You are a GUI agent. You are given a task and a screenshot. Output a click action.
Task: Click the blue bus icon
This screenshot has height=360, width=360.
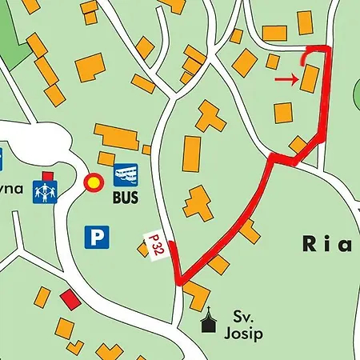(x=126, y=174)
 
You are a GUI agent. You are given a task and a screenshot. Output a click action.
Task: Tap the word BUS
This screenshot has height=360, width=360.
(x=126, y=195)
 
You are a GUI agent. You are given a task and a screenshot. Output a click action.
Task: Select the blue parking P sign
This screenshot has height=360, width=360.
(x=97, y=236)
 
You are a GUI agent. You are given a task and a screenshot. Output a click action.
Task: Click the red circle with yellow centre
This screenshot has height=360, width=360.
(x=94, y=183)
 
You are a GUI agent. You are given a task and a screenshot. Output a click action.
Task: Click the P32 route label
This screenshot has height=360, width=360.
(x=156, y=245)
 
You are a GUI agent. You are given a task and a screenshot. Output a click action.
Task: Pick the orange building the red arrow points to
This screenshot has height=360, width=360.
(x=310, y=79)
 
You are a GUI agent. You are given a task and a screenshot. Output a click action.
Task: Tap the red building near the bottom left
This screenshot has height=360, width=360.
(x=70, y=300)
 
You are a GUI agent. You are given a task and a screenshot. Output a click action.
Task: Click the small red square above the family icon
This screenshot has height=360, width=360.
(x=48, y=175)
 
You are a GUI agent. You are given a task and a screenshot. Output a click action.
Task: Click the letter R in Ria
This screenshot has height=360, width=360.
(x=311, y=244)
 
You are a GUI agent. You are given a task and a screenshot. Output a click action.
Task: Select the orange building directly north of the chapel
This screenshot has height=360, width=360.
(x=195, y=297)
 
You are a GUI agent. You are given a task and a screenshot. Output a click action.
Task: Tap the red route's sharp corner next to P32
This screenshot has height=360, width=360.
(x=181, y=281)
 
